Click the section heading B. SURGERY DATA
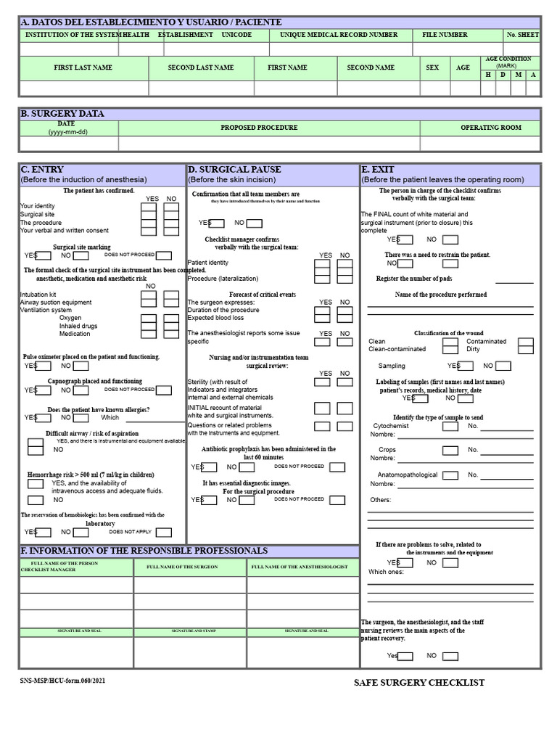tap(62, 114)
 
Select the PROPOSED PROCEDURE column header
tap(259, 128)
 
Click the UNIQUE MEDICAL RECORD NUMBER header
tap(339, 35)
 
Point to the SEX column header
tap(432, 67)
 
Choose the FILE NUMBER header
tap(445, 35)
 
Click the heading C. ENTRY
tap(42, 169)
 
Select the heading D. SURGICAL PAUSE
tap(234, 169)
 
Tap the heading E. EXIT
tap(378, 169)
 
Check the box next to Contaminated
tap(526, 342)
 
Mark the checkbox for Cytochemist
tap(450, 427)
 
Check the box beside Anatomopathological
tap(450, 475)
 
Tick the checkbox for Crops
tap(450, 451)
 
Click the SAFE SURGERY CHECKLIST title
tap(418, 683)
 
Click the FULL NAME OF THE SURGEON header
tap(182, 567)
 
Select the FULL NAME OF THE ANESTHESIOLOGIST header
tap(300, 567)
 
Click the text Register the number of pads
tap(414, 279)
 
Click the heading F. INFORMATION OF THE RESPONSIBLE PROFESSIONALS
tap(144, 551)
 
